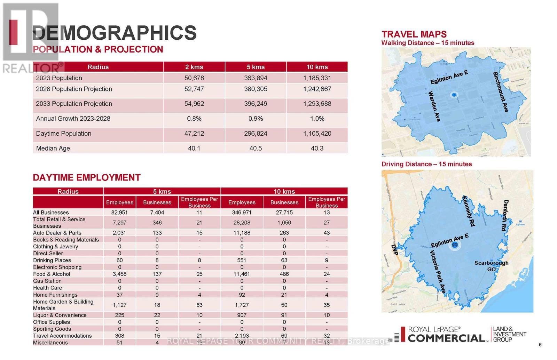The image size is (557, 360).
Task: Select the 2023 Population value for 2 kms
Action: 194,78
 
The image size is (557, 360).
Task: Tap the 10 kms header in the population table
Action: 317,67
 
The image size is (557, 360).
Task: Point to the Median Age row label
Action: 53,149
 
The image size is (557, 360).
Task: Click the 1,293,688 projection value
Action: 317,104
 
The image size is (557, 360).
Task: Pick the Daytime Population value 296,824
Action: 256,134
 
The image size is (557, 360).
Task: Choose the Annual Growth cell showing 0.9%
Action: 256,119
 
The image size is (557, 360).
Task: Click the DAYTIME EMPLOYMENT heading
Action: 87,178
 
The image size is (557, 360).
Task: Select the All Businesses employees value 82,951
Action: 119,213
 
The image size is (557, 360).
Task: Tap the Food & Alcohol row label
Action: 52,274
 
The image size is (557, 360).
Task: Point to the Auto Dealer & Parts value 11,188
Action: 242,233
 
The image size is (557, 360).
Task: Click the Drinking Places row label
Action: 52,261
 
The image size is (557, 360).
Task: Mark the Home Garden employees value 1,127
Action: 119,305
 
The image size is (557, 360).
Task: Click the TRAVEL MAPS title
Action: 414,34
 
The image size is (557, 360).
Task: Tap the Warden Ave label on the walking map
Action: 434,106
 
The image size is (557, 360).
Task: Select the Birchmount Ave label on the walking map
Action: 501,92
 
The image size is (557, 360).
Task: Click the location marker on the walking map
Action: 454,95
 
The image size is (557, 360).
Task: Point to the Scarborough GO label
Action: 491,266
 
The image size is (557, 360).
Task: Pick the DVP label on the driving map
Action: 394,250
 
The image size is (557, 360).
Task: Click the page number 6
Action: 540,345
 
